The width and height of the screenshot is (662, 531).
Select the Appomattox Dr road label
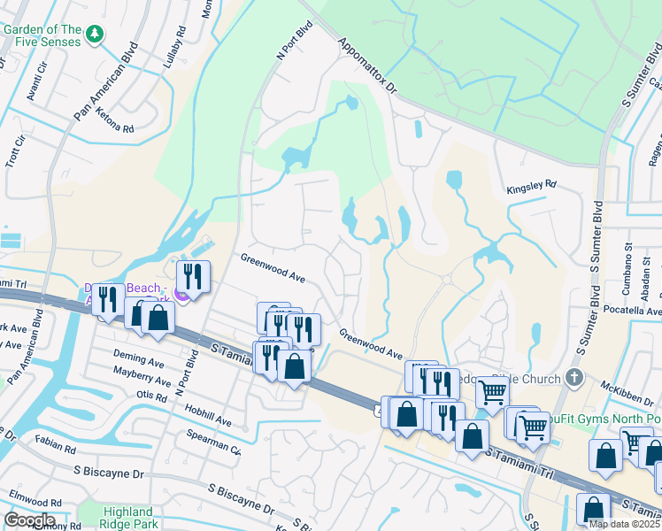click(x=368, y=66)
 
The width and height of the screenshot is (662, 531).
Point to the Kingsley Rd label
click(x=531, y=185)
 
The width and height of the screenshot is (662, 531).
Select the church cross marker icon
click(x=574, y=379)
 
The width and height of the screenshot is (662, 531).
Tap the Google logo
click(x=29, y=520)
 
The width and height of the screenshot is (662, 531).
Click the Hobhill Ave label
click(x=207, y=414)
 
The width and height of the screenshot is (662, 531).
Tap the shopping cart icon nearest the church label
click(x=493, y=390)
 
